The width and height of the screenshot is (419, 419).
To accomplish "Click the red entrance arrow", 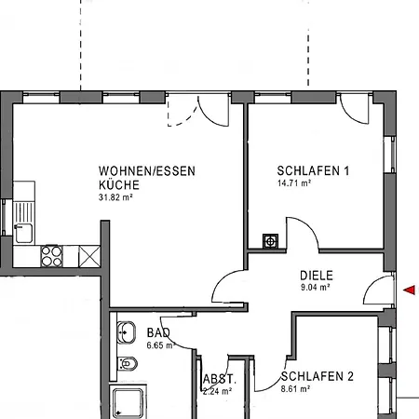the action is (x=410, y=290).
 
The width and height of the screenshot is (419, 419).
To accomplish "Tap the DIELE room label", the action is (x=317, y=276).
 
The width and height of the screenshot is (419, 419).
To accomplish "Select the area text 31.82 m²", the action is (x=115, y=197).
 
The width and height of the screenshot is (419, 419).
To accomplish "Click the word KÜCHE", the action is (x=119, y=184).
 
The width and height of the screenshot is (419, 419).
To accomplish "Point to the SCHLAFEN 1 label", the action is (x=313, y=170).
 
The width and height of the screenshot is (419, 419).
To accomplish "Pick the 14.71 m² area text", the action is (x=294, y=183).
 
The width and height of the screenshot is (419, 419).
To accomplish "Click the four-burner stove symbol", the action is (x=52, y=256).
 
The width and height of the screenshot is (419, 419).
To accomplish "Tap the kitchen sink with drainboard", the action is (x=23, y=223).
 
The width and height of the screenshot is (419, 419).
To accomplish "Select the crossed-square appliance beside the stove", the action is (x=89, y=256).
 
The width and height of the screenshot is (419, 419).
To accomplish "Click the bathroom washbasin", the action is (x=127, y=332).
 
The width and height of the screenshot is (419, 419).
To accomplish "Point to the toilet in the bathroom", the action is (x=128, y=363).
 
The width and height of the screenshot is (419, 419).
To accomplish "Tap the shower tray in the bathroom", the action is (x=128, y=402).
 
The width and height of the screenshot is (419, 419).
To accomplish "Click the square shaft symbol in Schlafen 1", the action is (x=270, y=241).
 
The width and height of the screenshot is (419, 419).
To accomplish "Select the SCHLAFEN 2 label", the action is (x=317, y=376).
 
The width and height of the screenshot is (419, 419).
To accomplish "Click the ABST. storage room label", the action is (x=220, y=379).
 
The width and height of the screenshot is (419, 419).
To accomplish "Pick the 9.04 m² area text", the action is (x=316, y=288).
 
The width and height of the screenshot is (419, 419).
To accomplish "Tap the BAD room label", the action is (x=158, y=332).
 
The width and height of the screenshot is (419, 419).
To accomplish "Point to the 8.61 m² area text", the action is (x=295, y=388).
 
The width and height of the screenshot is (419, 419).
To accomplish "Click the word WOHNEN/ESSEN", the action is (x=147, y=171).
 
